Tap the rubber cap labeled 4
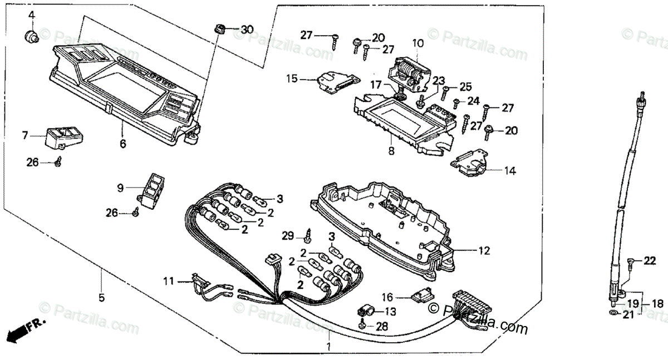(x=32, y=37)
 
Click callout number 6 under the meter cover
(x=122, y=144)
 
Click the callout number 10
(x=418, y=42)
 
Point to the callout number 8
(x=391, y=151)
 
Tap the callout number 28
(x=382, y=327)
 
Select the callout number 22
(x=650, y=261)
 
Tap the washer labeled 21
(x=612, y=314)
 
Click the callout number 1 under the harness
(x=328, y=347)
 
